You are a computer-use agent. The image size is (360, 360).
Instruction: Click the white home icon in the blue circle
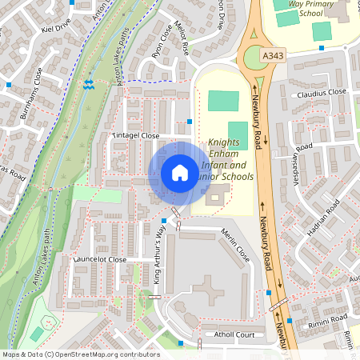180,173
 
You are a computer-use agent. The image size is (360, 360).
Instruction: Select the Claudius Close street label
322,93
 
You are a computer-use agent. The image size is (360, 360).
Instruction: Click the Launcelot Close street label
100,260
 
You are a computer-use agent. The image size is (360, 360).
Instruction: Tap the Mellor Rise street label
185,39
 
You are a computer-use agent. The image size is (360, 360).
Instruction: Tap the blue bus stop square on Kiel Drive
73,2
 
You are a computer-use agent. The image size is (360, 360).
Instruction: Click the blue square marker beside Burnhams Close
8,84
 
